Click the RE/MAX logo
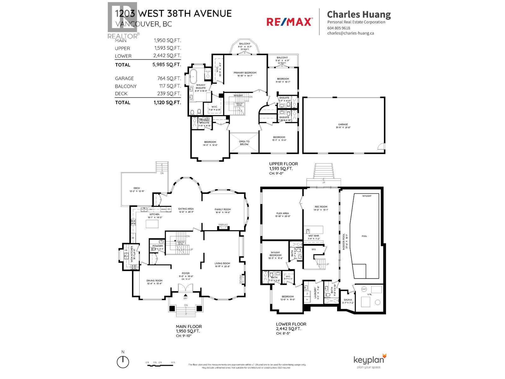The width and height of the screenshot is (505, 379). (x=289, y=21)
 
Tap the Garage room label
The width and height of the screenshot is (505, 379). (x=343, y=124)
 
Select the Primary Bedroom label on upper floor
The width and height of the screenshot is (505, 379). (x=245, y=73)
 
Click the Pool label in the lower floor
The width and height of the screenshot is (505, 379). (x=364, y=236)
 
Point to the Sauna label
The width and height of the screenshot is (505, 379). (x=348, y=300)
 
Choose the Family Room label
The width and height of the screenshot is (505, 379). (x=223, y=209)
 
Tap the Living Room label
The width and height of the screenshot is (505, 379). (x=222, y=263)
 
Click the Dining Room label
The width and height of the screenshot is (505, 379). (x=154, y=280)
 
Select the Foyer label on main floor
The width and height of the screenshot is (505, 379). (x=186, y=274)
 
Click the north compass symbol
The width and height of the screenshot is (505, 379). (x=123, y=362)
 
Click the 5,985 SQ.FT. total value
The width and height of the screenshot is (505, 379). (x=167, y=65)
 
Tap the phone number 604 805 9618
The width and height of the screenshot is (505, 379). (x=339, y=28)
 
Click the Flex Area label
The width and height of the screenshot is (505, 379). (x=282, y=214)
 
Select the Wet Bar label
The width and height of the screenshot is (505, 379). (x=313, y=236)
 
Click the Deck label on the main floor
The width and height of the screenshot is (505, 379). (x=137, y=188)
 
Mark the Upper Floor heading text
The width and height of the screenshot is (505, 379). (x=283, y=164)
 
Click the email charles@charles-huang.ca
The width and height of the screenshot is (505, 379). (x=350, y=33)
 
